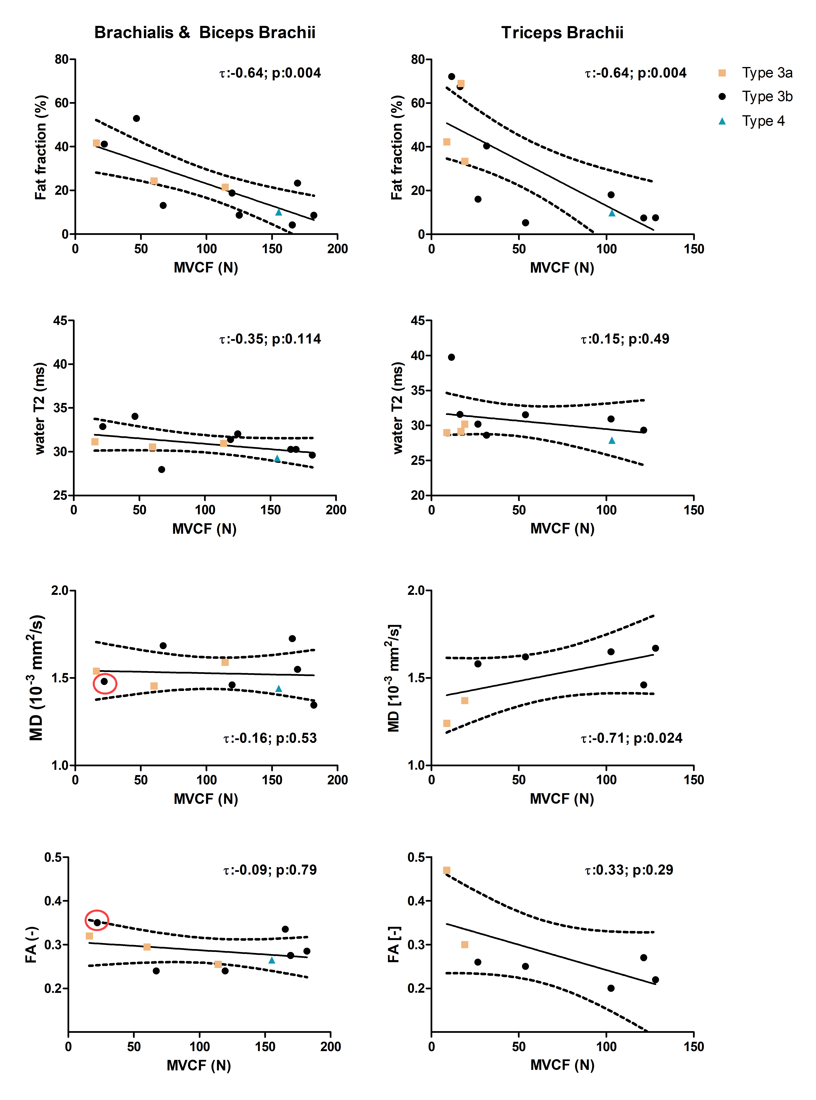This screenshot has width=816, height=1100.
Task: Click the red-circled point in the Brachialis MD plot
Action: point(104,681)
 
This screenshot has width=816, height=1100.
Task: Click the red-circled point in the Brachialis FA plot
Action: point(97,922)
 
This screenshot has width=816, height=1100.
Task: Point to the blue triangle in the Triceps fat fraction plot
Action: point(612,213)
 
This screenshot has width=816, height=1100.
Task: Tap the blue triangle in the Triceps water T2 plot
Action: point(612,440)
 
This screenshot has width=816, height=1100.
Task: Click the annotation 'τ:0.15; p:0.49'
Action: point(625,339)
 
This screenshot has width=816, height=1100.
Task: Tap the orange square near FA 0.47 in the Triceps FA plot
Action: point(446,870)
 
